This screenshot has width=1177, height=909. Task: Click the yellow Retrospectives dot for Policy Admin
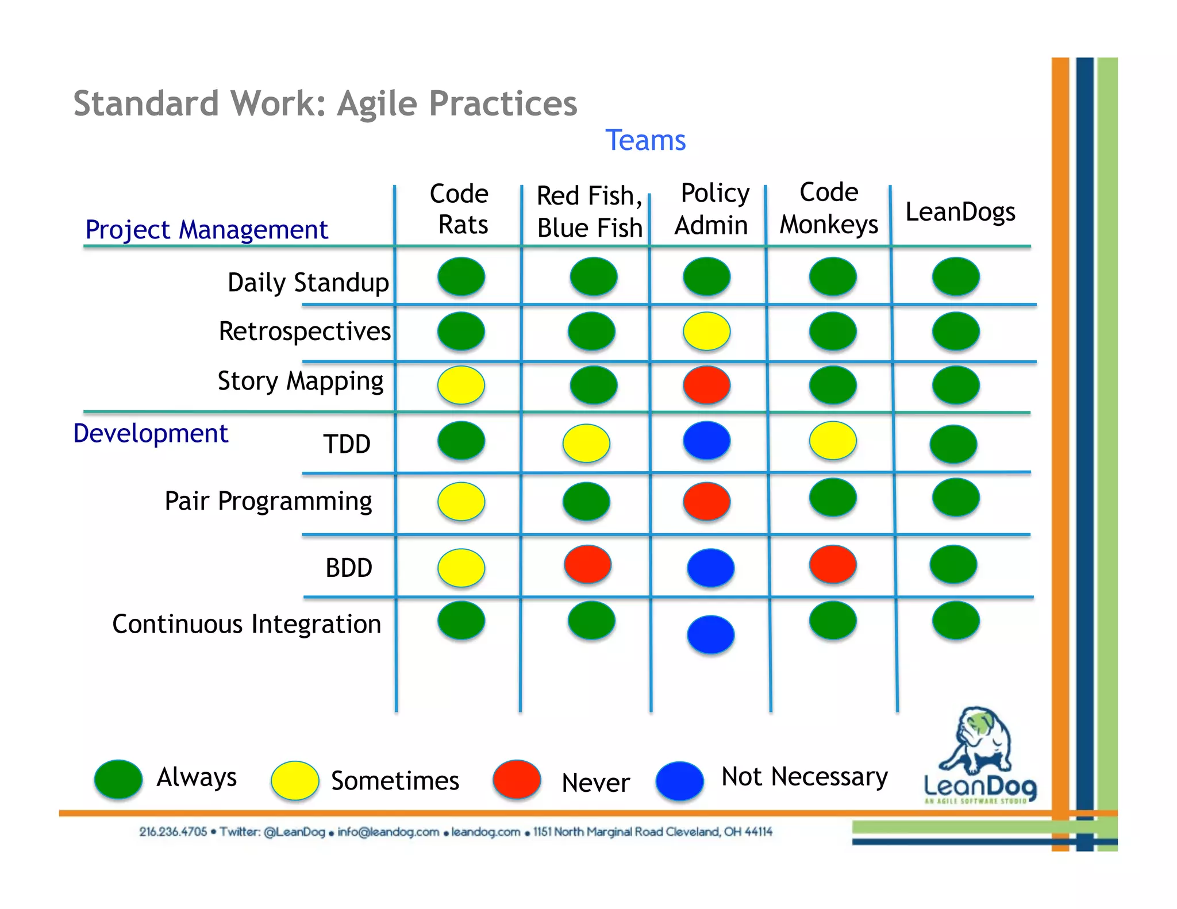[x=706, y=331]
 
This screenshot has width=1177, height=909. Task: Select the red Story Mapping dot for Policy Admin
[x=706, y=384]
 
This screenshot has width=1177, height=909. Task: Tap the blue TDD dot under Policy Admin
[x=706, y=440]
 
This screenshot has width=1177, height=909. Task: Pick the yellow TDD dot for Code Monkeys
[x=833, y=440]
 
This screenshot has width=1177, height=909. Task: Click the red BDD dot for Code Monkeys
[x=833, y=564]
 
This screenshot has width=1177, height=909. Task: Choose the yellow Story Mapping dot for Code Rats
[x=461, y=384]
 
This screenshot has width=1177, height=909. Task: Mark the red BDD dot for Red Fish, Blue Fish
[x=587, y=564]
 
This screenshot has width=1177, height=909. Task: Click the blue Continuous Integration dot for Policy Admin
[x=710, y=634]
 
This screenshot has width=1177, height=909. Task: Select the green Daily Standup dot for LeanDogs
[x=956, y=276]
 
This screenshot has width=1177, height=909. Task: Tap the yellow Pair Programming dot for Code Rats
[x=461, y=501]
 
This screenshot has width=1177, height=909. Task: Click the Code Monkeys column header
[x=829, y=208]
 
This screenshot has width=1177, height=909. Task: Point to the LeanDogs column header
[x=960, y=212]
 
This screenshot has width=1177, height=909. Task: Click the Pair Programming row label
[x=268, y=501]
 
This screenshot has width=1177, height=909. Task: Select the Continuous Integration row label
[x=247, y=624]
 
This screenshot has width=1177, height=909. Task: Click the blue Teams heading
[x=645, y=140]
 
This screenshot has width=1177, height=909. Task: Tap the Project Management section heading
[x=206, y=230]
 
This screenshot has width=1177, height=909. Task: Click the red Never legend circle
[x=517, y=780]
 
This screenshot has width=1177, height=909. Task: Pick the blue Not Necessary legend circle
[x=679, y=781]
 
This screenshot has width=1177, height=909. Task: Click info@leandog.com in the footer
[x=388, y=832]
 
